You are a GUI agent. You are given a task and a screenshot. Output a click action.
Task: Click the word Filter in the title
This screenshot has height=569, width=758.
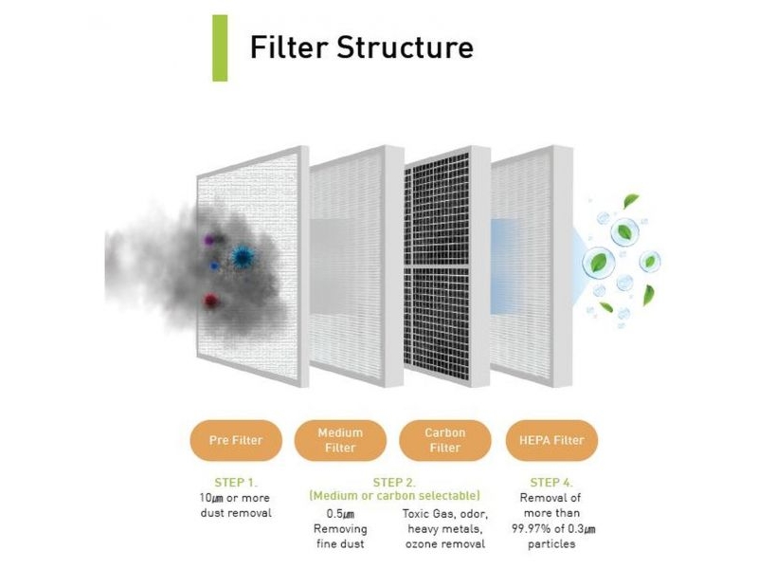click(x=289, y=46)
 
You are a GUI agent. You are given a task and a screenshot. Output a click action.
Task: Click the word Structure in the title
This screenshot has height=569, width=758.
click(x=406, y=46)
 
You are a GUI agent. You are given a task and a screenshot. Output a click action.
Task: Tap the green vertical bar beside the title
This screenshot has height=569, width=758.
click(x=220, y=48)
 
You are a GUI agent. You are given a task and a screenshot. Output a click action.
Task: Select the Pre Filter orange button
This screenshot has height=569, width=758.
click(x=236, y=440)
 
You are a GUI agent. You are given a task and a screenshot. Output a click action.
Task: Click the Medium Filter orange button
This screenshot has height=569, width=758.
click(x=340, y=440)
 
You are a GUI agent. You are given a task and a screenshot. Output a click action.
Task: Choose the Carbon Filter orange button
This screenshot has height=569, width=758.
click(x=444, y=440)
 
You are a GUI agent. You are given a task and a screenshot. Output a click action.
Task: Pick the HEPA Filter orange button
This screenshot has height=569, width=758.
click(x=551, y=440)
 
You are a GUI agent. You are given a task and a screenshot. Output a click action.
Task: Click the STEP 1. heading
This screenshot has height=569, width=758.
click(x=236, y=483)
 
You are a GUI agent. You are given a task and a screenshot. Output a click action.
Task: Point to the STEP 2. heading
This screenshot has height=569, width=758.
click(x=394, y=483)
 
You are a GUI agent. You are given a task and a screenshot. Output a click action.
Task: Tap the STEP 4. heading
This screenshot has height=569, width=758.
click(x=551, y=483)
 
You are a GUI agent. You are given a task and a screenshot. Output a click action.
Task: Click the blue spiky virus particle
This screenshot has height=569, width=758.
click(x=242, y=257)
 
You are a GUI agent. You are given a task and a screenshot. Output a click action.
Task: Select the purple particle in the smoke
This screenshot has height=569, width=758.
click(x=208, y=240)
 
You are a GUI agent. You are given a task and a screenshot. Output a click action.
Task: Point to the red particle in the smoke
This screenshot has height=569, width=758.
click(x=210, y=301)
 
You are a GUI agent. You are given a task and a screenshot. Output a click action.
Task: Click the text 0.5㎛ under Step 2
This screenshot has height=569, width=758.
click(x=340, y=514)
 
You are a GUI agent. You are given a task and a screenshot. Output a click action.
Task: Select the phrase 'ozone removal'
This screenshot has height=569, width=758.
click(x=444, y=544)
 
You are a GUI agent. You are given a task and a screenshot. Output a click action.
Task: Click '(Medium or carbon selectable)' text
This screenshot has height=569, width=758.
click(x=394, y=496)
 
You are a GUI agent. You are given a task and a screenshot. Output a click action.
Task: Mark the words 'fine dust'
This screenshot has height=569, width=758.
click(x=340, y=544)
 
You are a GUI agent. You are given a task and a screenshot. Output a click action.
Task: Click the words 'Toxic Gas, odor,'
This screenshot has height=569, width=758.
click(x=444, y=514)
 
